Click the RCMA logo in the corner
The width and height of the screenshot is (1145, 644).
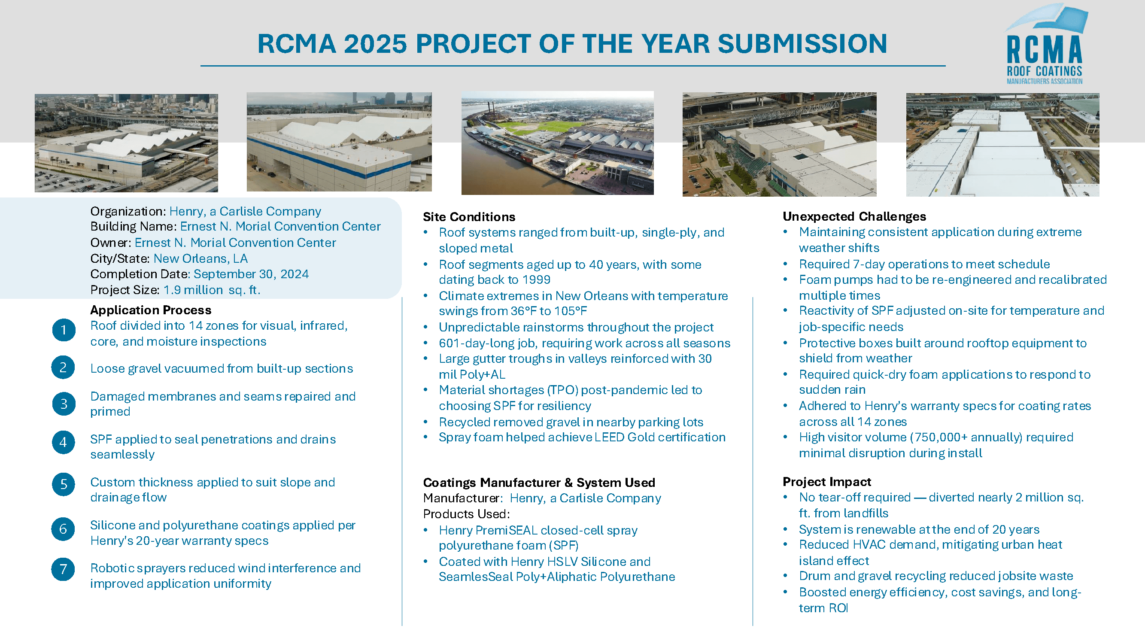point(1045,45)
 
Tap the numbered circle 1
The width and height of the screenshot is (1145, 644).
point(64,330)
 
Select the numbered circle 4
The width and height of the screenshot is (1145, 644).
point(64,442)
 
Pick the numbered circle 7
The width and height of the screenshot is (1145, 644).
point(64,569)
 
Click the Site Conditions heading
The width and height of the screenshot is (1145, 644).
point(469,217)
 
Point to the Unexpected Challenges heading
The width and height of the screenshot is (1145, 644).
point(854,216)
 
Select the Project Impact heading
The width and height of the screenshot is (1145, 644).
point(827,482)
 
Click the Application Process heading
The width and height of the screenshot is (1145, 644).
point(151,310)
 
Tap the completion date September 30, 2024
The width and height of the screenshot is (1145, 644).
point(251,274)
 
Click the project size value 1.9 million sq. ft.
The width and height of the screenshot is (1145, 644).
point(212,290)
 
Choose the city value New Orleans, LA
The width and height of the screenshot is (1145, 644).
point(200,258)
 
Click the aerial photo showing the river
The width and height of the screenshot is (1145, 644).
point(557,143)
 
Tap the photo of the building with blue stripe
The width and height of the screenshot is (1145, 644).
point(339,142)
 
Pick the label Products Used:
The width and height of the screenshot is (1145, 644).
point(466,514)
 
